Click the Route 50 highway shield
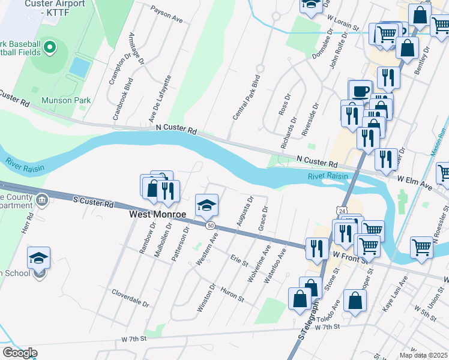pos(210,225)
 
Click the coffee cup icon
pos(360,91)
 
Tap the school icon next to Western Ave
pos(206,206)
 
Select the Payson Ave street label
pos(167,16)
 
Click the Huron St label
pos(232,295)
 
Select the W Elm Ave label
pos(414,179)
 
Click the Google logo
pos(20,352)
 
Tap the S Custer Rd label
pos(93,202)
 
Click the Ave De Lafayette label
pos(160,98)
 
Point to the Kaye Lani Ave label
pos(395,294)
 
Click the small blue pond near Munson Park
pos(79,66)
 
